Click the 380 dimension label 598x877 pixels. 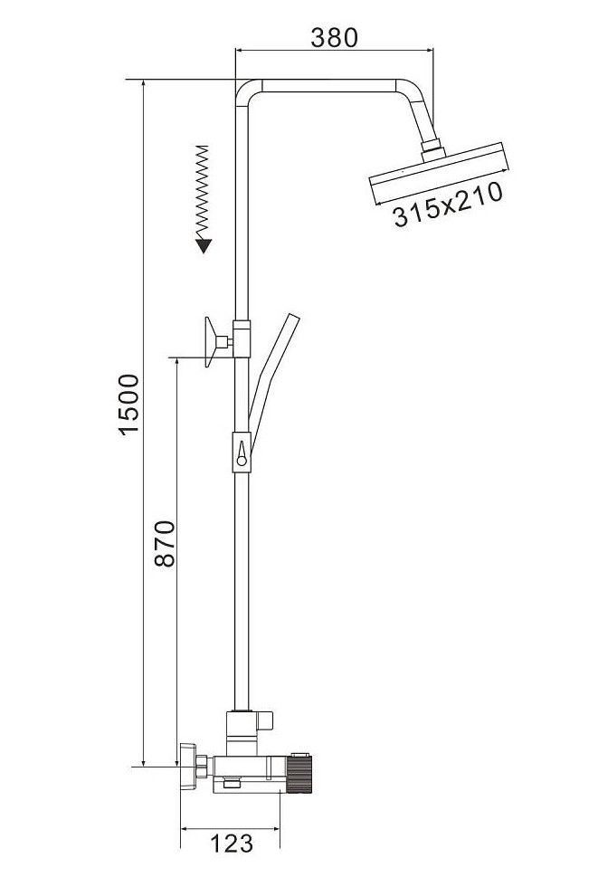pos(334,37)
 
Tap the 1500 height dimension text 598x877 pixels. pos(128,405)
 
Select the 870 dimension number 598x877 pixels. pos(165,544)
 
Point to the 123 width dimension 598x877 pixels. pos(231,843)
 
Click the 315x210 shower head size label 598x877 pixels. pos(448,205)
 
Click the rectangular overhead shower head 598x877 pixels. pos(439,173)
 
